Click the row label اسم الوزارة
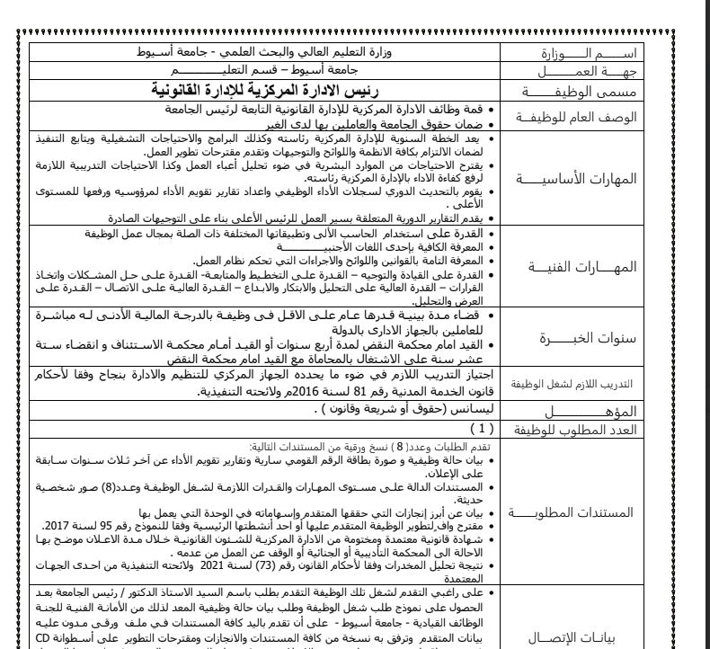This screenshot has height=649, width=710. [x=594, y=53]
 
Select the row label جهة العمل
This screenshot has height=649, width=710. [x=594, y=70]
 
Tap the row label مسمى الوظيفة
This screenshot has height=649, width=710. [x=594, y=90]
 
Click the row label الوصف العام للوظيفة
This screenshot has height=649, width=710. [x=594, y=117]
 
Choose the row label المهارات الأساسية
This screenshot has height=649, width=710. [x=594, y=178]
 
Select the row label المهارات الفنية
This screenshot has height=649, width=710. [x=594, y=266]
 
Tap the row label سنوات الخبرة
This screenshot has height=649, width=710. [x=594, y=338]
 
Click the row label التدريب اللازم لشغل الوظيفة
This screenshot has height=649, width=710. [x=594, y=384]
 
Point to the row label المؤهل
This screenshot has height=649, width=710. [x=594, y=411]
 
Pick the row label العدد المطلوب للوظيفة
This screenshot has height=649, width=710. [x=594, y=430]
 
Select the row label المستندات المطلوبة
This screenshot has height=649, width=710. [x=594, y=512]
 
